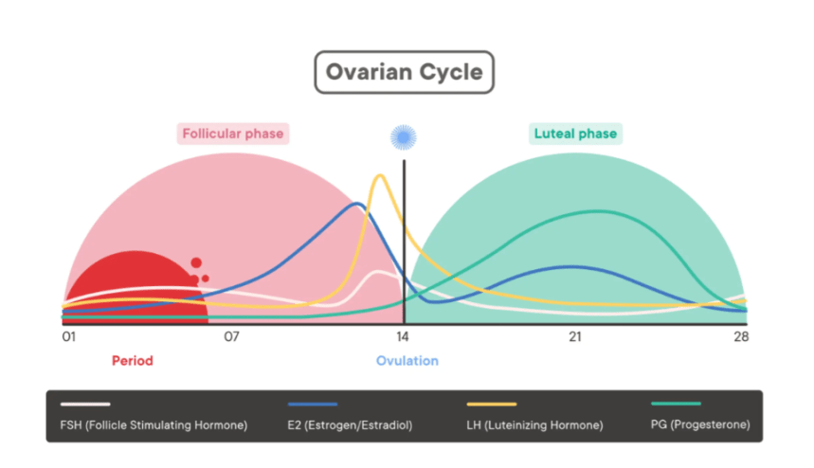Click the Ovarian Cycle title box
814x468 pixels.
point(404,73)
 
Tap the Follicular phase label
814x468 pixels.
point(232,134)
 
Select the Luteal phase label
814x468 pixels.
point(575,134)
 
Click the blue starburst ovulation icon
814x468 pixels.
point(405,137)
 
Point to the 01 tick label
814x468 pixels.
point(69,337)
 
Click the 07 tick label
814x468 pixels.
point(232,337)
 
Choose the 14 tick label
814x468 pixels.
point(402,337)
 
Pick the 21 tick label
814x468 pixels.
point(575,337)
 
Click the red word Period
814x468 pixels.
point(132,361)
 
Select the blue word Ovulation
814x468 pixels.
point(407,361)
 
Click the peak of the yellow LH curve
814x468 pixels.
point(380,175)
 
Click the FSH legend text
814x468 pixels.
point(147,425)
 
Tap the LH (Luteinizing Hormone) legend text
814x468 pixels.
point(535,425)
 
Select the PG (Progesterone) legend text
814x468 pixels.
point(700,425)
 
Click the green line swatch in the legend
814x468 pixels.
point(677,405)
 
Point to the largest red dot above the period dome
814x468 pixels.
point(196,263)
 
